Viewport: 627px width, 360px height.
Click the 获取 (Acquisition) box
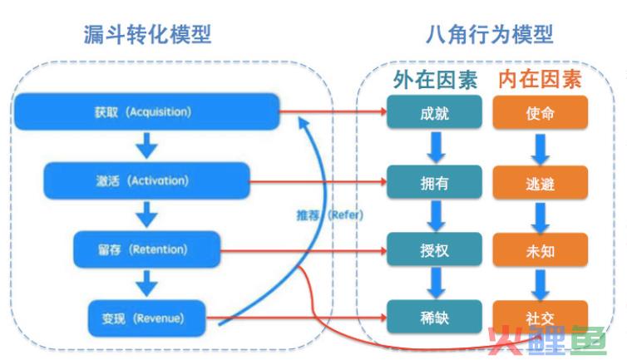146,111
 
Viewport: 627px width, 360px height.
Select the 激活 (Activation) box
146,180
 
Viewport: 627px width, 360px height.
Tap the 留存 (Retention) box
146,249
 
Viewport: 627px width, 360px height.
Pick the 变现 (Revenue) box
146,318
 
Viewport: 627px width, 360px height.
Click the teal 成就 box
434,112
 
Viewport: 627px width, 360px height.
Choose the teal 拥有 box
434,182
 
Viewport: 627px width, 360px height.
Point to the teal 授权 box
434,249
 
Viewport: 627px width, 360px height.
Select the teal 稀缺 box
434,318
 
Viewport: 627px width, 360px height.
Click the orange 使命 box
541,113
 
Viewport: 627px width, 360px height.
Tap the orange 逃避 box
541,183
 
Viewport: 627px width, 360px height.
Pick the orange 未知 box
541,250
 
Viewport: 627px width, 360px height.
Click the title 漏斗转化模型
147,34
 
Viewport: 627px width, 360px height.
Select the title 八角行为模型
490,34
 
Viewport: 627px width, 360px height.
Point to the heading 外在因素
435,80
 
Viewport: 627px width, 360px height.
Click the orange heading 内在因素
540,79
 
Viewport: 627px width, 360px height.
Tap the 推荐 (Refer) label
330,215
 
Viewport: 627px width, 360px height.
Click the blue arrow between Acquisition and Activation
146,146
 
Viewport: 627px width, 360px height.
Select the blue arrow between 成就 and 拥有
436,148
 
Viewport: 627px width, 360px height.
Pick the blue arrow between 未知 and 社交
541,285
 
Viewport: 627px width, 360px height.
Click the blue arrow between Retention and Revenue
146,284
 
